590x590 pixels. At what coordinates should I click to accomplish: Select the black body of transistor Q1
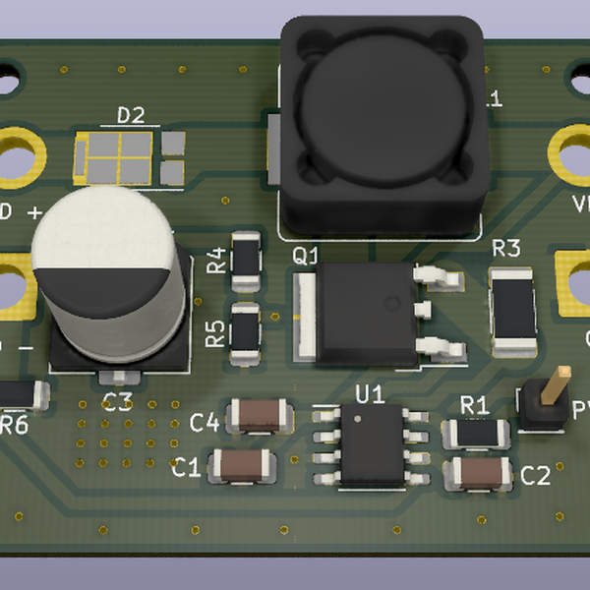359,310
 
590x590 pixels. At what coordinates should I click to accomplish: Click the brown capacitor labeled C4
259,416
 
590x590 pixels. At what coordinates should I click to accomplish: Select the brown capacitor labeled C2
479,473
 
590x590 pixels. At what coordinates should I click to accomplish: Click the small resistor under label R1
476,432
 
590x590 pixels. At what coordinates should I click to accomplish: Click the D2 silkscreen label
131,115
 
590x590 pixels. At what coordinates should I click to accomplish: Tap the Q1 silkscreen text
307,256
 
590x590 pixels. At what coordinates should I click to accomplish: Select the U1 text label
370,394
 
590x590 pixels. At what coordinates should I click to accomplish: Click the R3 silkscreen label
505,248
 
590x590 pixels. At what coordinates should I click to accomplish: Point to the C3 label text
118,400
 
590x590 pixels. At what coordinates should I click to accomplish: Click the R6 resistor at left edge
20,394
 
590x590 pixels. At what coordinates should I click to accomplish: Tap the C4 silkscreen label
205,423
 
